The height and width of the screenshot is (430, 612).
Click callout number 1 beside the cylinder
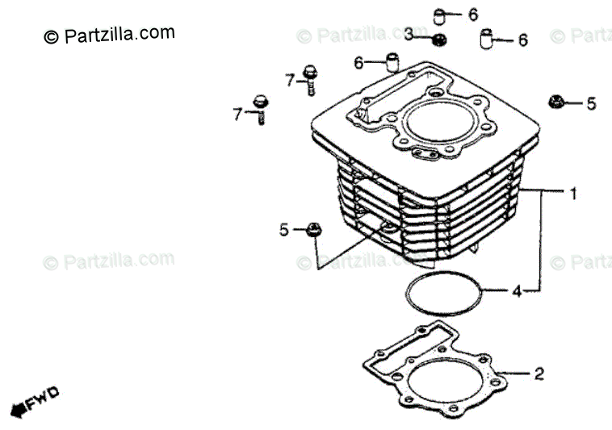[x=573, y=194]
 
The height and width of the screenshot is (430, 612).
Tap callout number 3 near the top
[x=409, y=34]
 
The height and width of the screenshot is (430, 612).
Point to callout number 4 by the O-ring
[x=517, y=290]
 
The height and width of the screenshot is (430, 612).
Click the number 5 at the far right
[x=591, y=103]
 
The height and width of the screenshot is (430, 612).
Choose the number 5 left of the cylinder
[x=284, y=230]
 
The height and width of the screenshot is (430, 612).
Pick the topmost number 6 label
[x=473, y=14]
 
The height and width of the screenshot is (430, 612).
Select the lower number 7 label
[x=238, y=115]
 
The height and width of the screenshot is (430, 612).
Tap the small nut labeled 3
[x=439, y=40]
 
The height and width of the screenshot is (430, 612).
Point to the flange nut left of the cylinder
[x=314, y=230]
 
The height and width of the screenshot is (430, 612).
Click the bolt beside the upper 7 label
[x=309, y=81]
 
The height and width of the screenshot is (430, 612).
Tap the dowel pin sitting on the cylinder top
[x=392, y=62]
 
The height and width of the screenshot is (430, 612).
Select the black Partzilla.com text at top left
[x=108, y=35]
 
